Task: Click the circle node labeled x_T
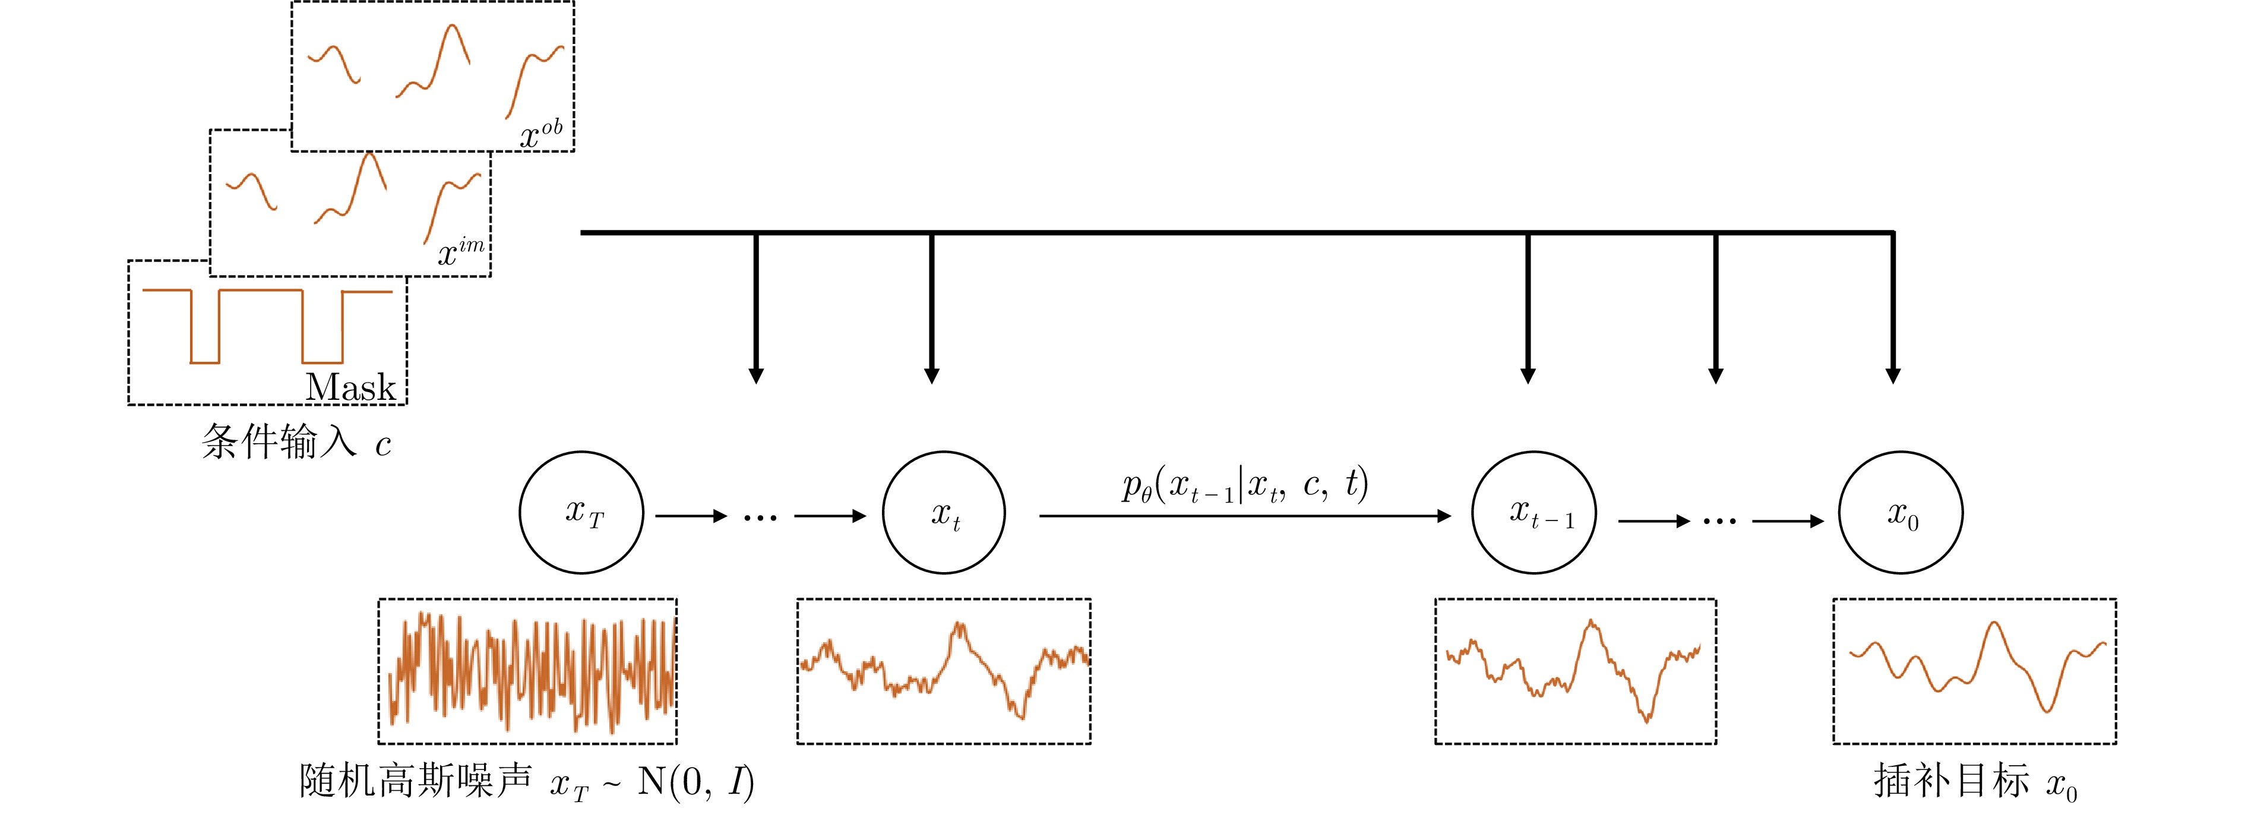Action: click(x=581, y=512)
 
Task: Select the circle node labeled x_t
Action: click(x=944, y=512)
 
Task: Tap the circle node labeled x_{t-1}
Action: click(x=1534, y=512)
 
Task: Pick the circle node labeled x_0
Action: click(x=1901, y=512)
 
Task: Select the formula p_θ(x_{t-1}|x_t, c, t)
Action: click(x=1244, y=486)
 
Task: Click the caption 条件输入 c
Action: click(x=296, y=443)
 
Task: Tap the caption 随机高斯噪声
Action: click(x=415, y=780)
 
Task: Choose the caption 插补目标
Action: click(x=1951, y=780)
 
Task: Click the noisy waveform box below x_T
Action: click(x=527, y=671)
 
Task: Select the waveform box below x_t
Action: click(x=944, y=671)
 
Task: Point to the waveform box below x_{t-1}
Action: click(x=1576, y=671)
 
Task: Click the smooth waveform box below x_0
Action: click(x=1974, y=671)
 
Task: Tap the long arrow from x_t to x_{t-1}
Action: click(x=1244, y=516)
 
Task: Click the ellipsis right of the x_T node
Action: click(x=760, y=517)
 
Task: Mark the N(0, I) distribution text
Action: click(x=695, y=782)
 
